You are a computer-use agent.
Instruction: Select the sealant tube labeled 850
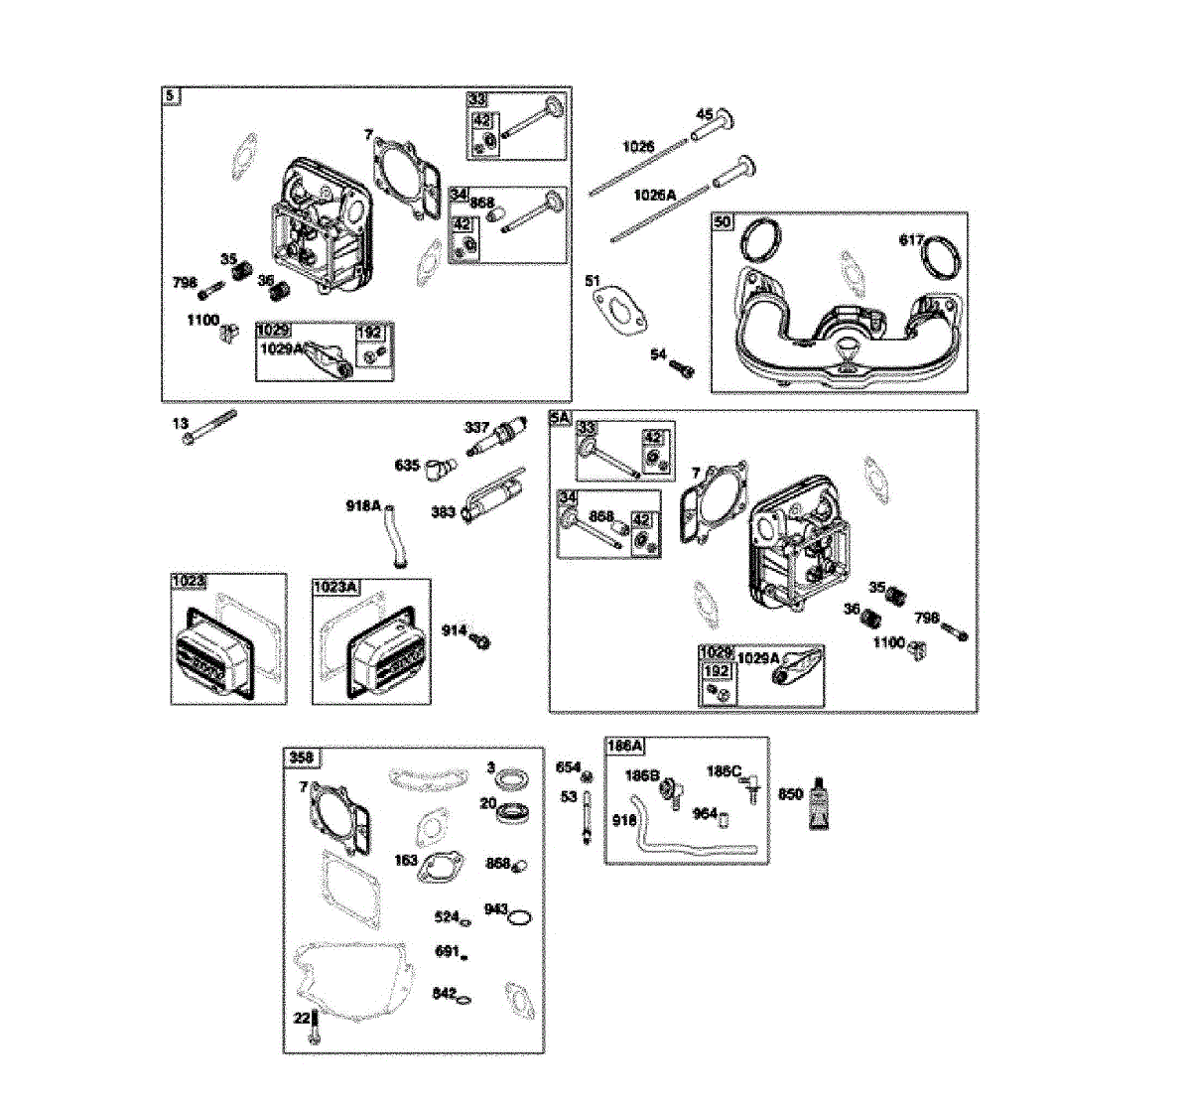819,802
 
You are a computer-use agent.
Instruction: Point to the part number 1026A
654,196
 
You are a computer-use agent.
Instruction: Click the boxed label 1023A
334,587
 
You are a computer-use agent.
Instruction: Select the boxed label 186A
625,746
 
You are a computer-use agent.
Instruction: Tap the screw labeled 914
481,640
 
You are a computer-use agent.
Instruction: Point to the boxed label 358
301,758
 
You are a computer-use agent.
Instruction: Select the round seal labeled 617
942,257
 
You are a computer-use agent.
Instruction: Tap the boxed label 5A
560,419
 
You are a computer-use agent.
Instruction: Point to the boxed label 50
723,221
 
